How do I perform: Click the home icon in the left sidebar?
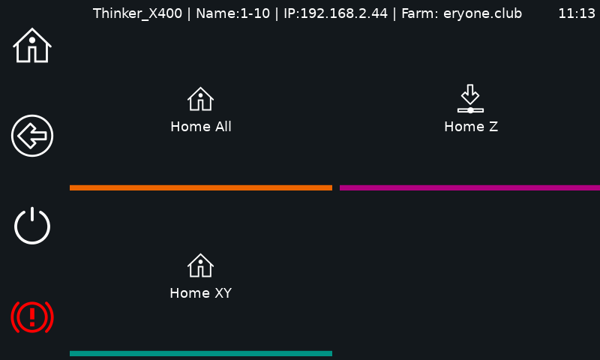(32, 45)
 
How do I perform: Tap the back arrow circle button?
(32, 136)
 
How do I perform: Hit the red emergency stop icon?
(32, 316)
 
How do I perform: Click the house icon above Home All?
(200, 99)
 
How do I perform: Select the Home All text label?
(201, 127)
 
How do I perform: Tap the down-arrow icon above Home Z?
(470, 99)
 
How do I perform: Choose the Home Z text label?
(471, 127)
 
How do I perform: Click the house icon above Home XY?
(200, 265)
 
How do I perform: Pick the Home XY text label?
(201, 293)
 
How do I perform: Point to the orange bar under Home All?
(201, 187)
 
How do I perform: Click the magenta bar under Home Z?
(470, 187)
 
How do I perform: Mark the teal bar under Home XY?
(201, 354)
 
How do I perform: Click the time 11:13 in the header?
(577, 13)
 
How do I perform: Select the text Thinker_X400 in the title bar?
(137, 13)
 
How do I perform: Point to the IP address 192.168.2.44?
(343, 13)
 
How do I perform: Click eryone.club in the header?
(482, 13)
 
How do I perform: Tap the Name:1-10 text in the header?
(232, 13)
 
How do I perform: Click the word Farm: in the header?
(420, 13)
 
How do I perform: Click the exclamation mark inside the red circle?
(32, 316)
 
